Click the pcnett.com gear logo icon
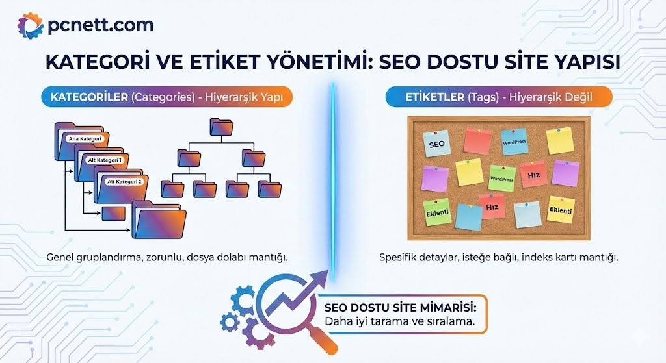(x=30, y=26)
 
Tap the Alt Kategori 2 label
(x=124, y=182)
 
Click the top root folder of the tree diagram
(x=221, y=127)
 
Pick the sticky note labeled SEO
(x=436, y=144)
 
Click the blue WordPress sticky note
(x=514, y=142)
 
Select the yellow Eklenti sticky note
(x=560, y=210)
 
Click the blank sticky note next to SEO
(x=477, y=141)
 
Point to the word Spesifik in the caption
(x=397, y=257)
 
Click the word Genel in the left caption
(x=60, y=257)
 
